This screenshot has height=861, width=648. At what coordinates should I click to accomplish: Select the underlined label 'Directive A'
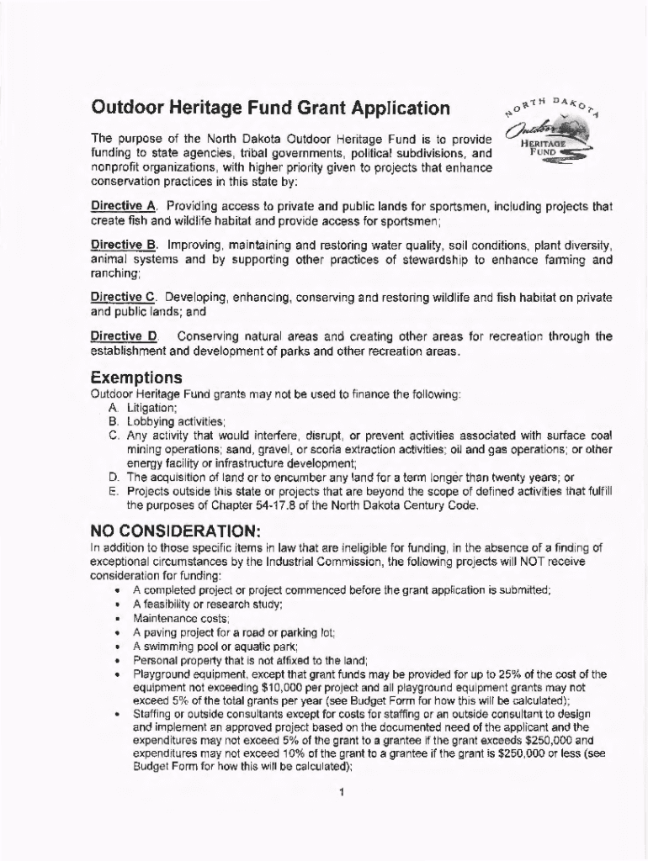click(x=123, y=206)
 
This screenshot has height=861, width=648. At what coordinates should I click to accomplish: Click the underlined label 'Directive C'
click(x=123, y=298)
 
